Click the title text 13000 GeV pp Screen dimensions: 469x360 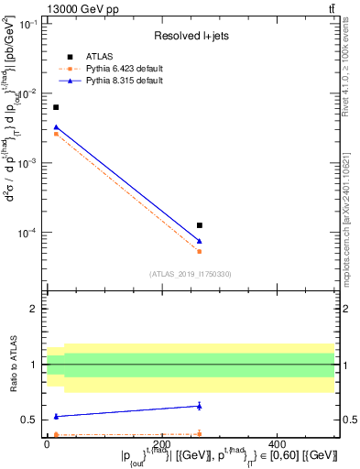[x=81, y=8]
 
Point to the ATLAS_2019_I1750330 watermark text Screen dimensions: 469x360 [x=191, y=273]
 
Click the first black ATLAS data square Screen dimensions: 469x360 [x=56, y=107]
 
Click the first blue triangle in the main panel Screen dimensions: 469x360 [x=56, y=127]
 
